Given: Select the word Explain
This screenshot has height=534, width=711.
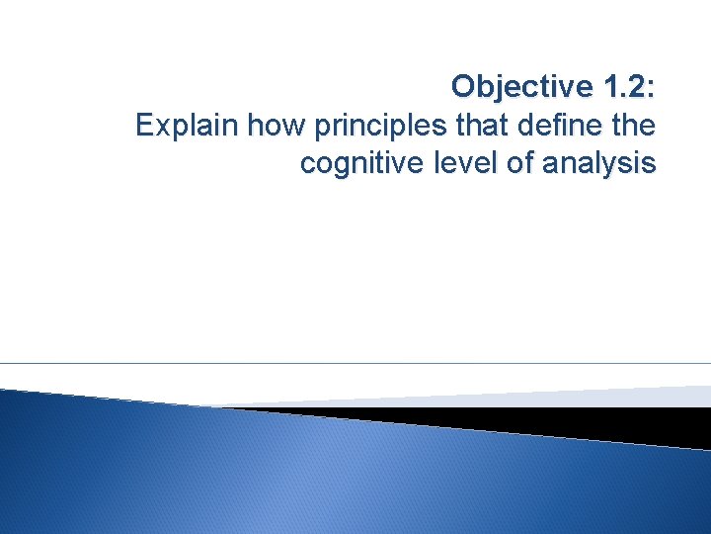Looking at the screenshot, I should pyautogui.click(x=187, y=126).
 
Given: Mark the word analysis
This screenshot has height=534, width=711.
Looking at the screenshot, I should pyautogui.click(x=600, y=164).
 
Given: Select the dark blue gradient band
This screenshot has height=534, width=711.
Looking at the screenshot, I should pyautogui.click(x=296, y=475).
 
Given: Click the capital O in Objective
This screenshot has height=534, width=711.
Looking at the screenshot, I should pyautogui.click(x=463, y=87).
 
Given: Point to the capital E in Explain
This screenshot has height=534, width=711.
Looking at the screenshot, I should pyautogui.click(x=144, y=126).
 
